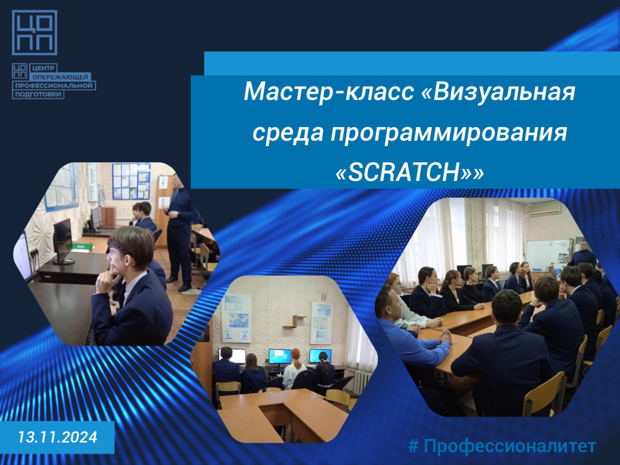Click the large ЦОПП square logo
35,33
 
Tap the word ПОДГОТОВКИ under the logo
38,94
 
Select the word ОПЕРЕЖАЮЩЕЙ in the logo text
60,77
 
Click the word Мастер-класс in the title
329,91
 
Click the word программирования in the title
449,133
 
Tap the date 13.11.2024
58,437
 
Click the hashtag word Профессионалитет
510,446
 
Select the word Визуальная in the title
499,91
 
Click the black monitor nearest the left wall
62,241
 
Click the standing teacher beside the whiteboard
582,253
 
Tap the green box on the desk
82,247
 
